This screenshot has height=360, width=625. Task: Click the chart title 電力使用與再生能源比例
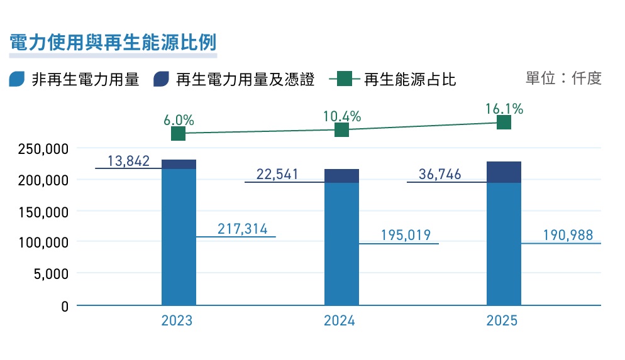[x=113, y=43]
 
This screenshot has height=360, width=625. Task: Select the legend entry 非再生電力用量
[x=74, y=79]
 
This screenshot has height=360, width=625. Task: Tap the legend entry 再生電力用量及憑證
[x=234, y=79]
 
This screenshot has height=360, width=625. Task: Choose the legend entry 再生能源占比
[x=392, y=79]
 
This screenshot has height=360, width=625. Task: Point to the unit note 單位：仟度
[x=563, y=78]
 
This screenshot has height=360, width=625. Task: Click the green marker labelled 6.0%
[x=178, y=133]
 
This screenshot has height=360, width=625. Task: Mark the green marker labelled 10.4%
[x=341, y=129]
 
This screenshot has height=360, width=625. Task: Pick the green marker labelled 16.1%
[x=504, y=123]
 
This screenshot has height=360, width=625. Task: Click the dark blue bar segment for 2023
[x=179, y=165]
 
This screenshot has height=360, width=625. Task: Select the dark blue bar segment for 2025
[x=504, y=172]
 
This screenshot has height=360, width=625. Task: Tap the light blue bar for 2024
[x=341, y=244]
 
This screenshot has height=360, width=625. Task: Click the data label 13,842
[x=128, y=161]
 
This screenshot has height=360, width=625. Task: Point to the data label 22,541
[x=277, y=174]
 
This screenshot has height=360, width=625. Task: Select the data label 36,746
[x=440, y=174]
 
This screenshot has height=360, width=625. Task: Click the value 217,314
[x=242, y=229]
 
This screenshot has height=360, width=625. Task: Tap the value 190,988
[x=568, y=235]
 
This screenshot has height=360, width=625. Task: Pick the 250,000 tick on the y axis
[x=43, y=149]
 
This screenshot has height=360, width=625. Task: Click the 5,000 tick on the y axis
[x=51, y=274]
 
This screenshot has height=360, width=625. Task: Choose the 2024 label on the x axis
[x=339, y=320]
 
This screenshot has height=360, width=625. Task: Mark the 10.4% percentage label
[x=342, y=116]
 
